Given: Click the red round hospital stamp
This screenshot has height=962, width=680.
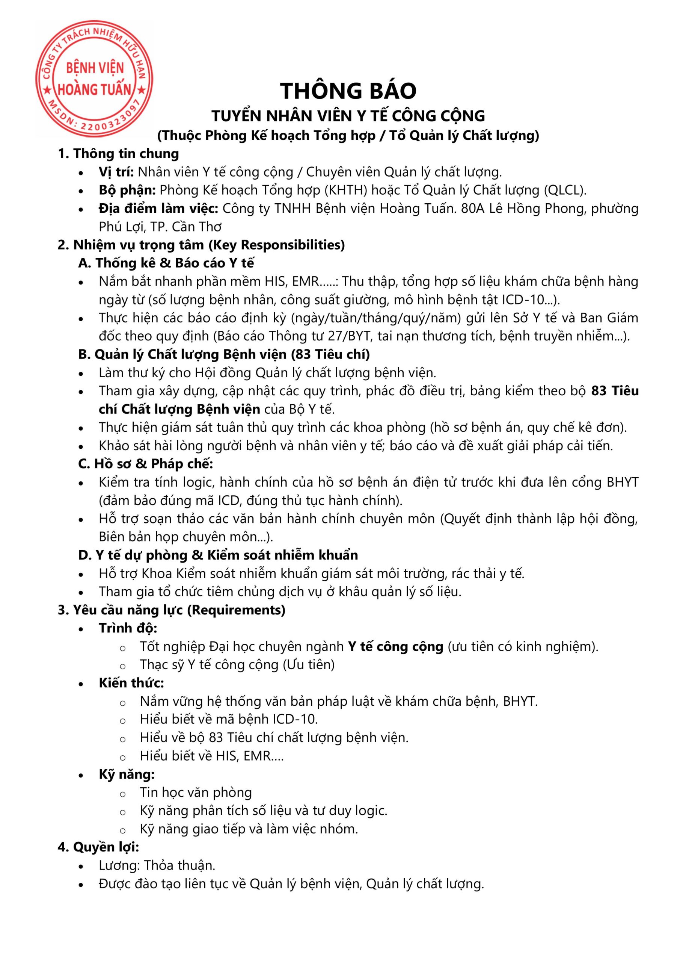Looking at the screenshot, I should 94,79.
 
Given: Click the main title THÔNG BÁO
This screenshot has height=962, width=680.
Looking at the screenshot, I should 348,91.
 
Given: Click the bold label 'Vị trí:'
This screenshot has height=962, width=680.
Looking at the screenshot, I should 116,172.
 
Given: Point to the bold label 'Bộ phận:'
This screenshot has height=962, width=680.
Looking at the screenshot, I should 127,190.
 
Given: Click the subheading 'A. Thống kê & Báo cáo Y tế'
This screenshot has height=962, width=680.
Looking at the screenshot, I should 166,263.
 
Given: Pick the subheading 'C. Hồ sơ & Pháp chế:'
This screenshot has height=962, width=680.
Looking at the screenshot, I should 146,464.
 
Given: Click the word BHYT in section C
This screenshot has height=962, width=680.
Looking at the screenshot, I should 622,482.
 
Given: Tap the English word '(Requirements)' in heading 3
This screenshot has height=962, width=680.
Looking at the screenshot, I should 236,610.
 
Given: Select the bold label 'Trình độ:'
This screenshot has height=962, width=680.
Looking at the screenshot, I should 128,628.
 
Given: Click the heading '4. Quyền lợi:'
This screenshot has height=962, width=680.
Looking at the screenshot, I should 98,847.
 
